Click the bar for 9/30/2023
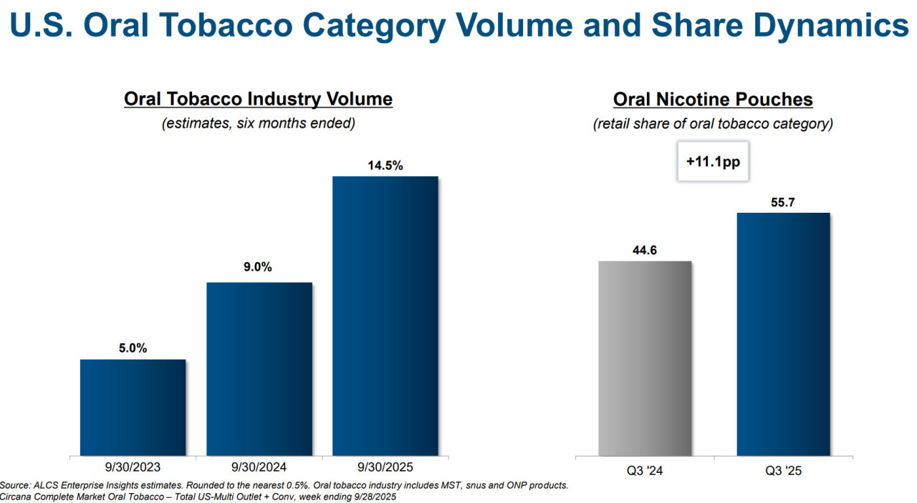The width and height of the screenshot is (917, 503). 133,407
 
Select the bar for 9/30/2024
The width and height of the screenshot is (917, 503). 259,368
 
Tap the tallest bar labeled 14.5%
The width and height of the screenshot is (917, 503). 385,315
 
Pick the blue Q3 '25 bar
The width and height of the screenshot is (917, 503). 783,333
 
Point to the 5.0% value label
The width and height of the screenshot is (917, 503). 133,348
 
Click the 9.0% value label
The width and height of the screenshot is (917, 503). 258,267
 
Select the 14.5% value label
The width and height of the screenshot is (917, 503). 385,166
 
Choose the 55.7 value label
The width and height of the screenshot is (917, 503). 783,203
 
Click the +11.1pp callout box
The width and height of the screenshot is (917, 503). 713,162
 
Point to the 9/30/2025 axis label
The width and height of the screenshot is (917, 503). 385,468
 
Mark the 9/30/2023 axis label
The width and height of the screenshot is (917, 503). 133,468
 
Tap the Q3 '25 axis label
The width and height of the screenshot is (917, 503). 783,471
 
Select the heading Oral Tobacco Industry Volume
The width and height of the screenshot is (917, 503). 258,99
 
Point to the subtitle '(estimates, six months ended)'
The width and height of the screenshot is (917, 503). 258,123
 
